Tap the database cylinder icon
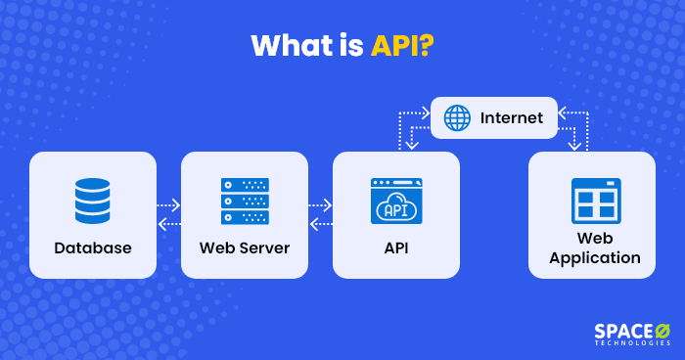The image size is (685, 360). tap(93, 201)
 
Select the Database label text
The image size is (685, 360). tap(93, 248)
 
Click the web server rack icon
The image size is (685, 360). tap(245, 201)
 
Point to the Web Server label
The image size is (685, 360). tap(245, 248)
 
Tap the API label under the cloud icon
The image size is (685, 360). tap(396, 248)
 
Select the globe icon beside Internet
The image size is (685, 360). tap(457, 118)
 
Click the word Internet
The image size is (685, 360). tap(511, 118)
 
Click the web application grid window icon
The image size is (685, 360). tap(596, 201)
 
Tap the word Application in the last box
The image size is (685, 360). tap(595, 259)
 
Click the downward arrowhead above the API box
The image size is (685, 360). tap(412, 146)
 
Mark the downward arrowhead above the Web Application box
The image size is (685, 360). tap(572, 146)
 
